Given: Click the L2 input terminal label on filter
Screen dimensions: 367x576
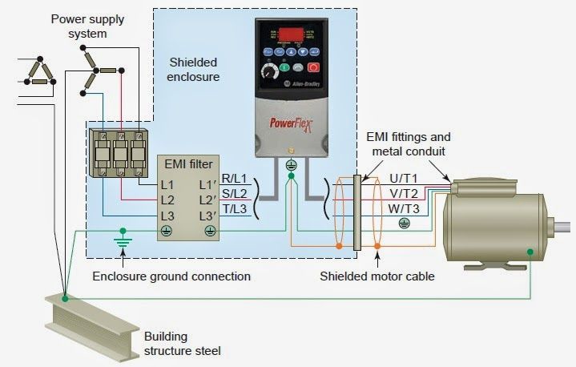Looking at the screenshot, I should point(167,200).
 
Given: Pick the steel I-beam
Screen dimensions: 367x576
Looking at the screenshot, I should point(88,321).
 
